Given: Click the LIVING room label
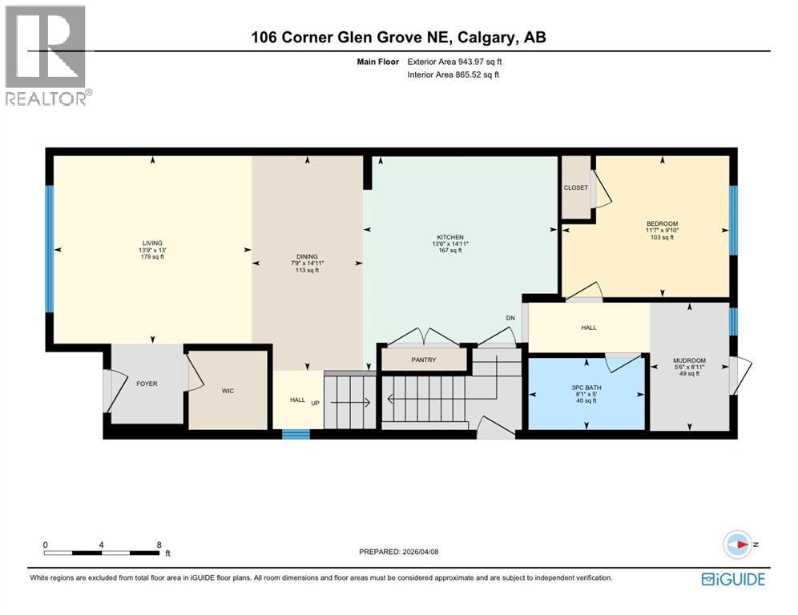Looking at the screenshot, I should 152,243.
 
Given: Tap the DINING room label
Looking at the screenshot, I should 307,257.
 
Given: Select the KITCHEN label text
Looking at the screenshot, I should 449,237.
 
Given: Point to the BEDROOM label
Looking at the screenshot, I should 663,223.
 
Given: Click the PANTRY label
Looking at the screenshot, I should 423,360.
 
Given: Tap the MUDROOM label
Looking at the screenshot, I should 689,360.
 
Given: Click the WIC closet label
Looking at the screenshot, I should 227,390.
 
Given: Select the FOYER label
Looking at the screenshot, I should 147,384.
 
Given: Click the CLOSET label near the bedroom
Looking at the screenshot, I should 575,187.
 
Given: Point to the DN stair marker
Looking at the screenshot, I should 510,318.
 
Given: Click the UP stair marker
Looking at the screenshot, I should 316,401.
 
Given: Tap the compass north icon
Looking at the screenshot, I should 737,544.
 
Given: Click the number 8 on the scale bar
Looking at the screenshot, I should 160,544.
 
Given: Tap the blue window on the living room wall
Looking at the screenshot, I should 50,249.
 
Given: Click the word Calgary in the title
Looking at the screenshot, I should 487,37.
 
